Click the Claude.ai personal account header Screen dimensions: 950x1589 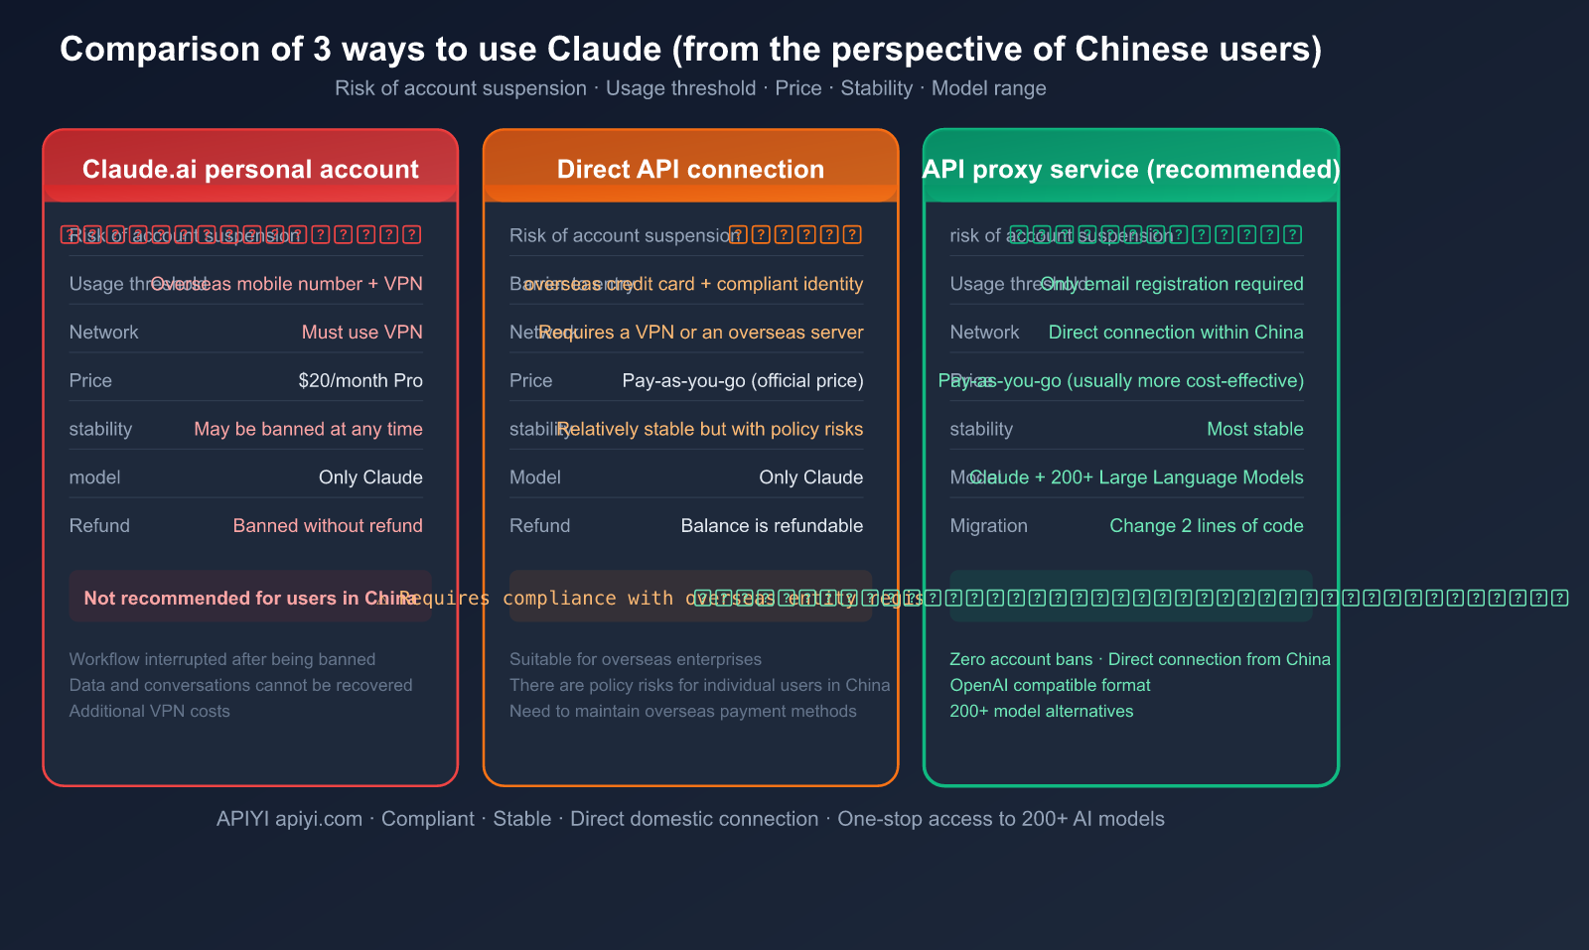(250, 169)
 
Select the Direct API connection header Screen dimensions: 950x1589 (690, 169)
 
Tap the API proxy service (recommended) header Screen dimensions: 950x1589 (1131, 169)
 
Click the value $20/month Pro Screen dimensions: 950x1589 (360, 380)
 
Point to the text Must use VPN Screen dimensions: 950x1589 (361, 332)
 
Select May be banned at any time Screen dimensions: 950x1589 (308, 429)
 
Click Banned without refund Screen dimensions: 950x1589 (328, 525)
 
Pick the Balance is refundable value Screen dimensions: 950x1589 (772, 525)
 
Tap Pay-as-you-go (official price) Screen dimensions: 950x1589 (742, 380)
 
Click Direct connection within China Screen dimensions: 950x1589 (1175, 332)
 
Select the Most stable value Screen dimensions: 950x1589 (1254, 429)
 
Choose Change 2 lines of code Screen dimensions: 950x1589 (1206, 525)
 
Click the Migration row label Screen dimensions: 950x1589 (988, 525)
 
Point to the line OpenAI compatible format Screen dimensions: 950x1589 (1050, 685)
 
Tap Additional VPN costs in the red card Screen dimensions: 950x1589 (149, 711)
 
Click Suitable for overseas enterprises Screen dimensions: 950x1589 (635, 659)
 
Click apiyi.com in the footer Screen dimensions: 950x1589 (319, 819)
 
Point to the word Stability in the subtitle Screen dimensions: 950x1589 (876, 88)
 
